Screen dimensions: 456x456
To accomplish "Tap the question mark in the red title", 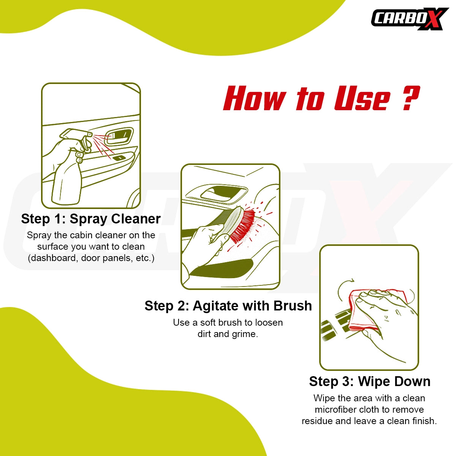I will [410, 98].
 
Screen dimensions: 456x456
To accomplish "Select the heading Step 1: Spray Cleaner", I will [91, 219].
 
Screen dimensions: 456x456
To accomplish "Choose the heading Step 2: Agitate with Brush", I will [228, 306].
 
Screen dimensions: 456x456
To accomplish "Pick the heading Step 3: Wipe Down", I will [369, 382].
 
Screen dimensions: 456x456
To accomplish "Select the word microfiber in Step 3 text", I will [336, 410].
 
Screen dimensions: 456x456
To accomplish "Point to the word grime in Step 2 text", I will [245, 334].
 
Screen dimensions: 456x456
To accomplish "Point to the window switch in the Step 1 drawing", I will [119, 157].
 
